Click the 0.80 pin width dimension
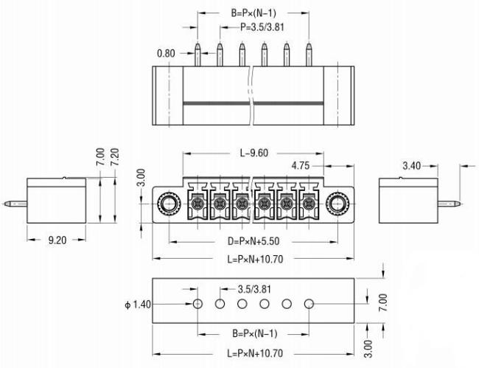point(166,54)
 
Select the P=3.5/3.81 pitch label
point(262,27)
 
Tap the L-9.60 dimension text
point(254,153)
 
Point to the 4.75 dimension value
point(301,166)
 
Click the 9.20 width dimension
point(57,240)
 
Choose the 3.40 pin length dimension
point(412,166)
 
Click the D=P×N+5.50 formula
point(254,241)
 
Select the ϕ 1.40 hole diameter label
point(138,305)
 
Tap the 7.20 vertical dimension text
point(115,157)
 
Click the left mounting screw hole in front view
point(168,204)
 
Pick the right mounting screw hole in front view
point(337,204)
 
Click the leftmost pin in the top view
point(197,55)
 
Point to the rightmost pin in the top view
point(309,55)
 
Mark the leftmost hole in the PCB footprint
point(198,304)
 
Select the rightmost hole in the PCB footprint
point(310,304)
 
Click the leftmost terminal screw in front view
point(197,204)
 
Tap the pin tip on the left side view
point(5,204)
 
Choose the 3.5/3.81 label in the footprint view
point(254,289)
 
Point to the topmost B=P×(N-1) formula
point(254,13)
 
